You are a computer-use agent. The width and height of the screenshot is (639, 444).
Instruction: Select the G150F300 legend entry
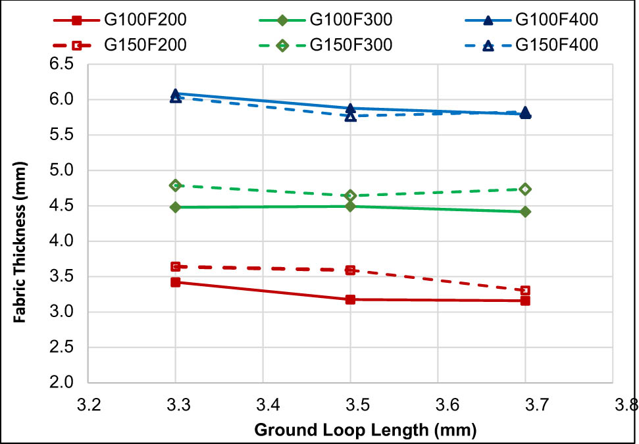(x=351, y=45)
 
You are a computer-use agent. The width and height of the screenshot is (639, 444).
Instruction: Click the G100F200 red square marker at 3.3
(x=176, y=282)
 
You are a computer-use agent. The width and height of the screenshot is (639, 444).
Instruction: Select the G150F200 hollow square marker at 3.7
(x=525, y=291)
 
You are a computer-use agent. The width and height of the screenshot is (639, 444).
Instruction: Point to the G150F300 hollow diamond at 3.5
(x=351, y=195)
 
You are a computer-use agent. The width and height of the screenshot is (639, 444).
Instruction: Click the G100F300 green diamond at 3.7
(x=525, y=212)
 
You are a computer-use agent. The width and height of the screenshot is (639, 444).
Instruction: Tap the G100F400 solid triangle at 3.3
(x=176, y=95)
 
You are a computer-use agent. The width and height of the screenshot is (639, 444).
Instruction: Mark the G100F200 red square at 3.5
(x=351, y=299)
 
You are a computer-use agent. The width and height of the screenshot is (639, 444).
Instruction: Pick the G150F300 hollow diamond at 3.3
(x=176, y=185)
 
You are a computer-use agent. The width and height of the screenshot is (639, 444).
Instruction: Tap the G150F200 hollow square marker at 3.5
(x=351, y=270)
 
